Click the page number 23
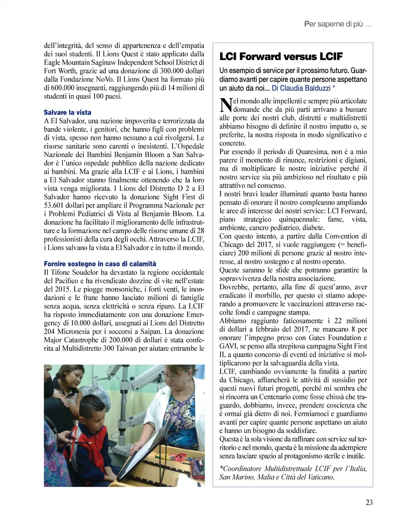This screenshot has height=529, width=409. click(x=369, y=503)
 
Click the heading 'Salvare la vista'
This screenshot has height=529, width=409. click(x=68, y=112)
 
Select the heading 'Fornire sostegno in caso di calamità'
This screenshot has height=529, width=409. click(x=100, y=264)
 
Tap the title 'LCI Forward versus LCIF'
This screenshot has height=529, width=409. click(x=281, y=57)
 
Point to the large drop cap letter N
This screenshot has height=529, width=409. click(x=226, y=105)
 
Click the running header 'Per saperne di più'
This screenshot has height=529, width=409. click(x=338, y=24)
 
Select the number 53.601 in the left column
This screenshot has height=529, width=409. click(x=55, y=205)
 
